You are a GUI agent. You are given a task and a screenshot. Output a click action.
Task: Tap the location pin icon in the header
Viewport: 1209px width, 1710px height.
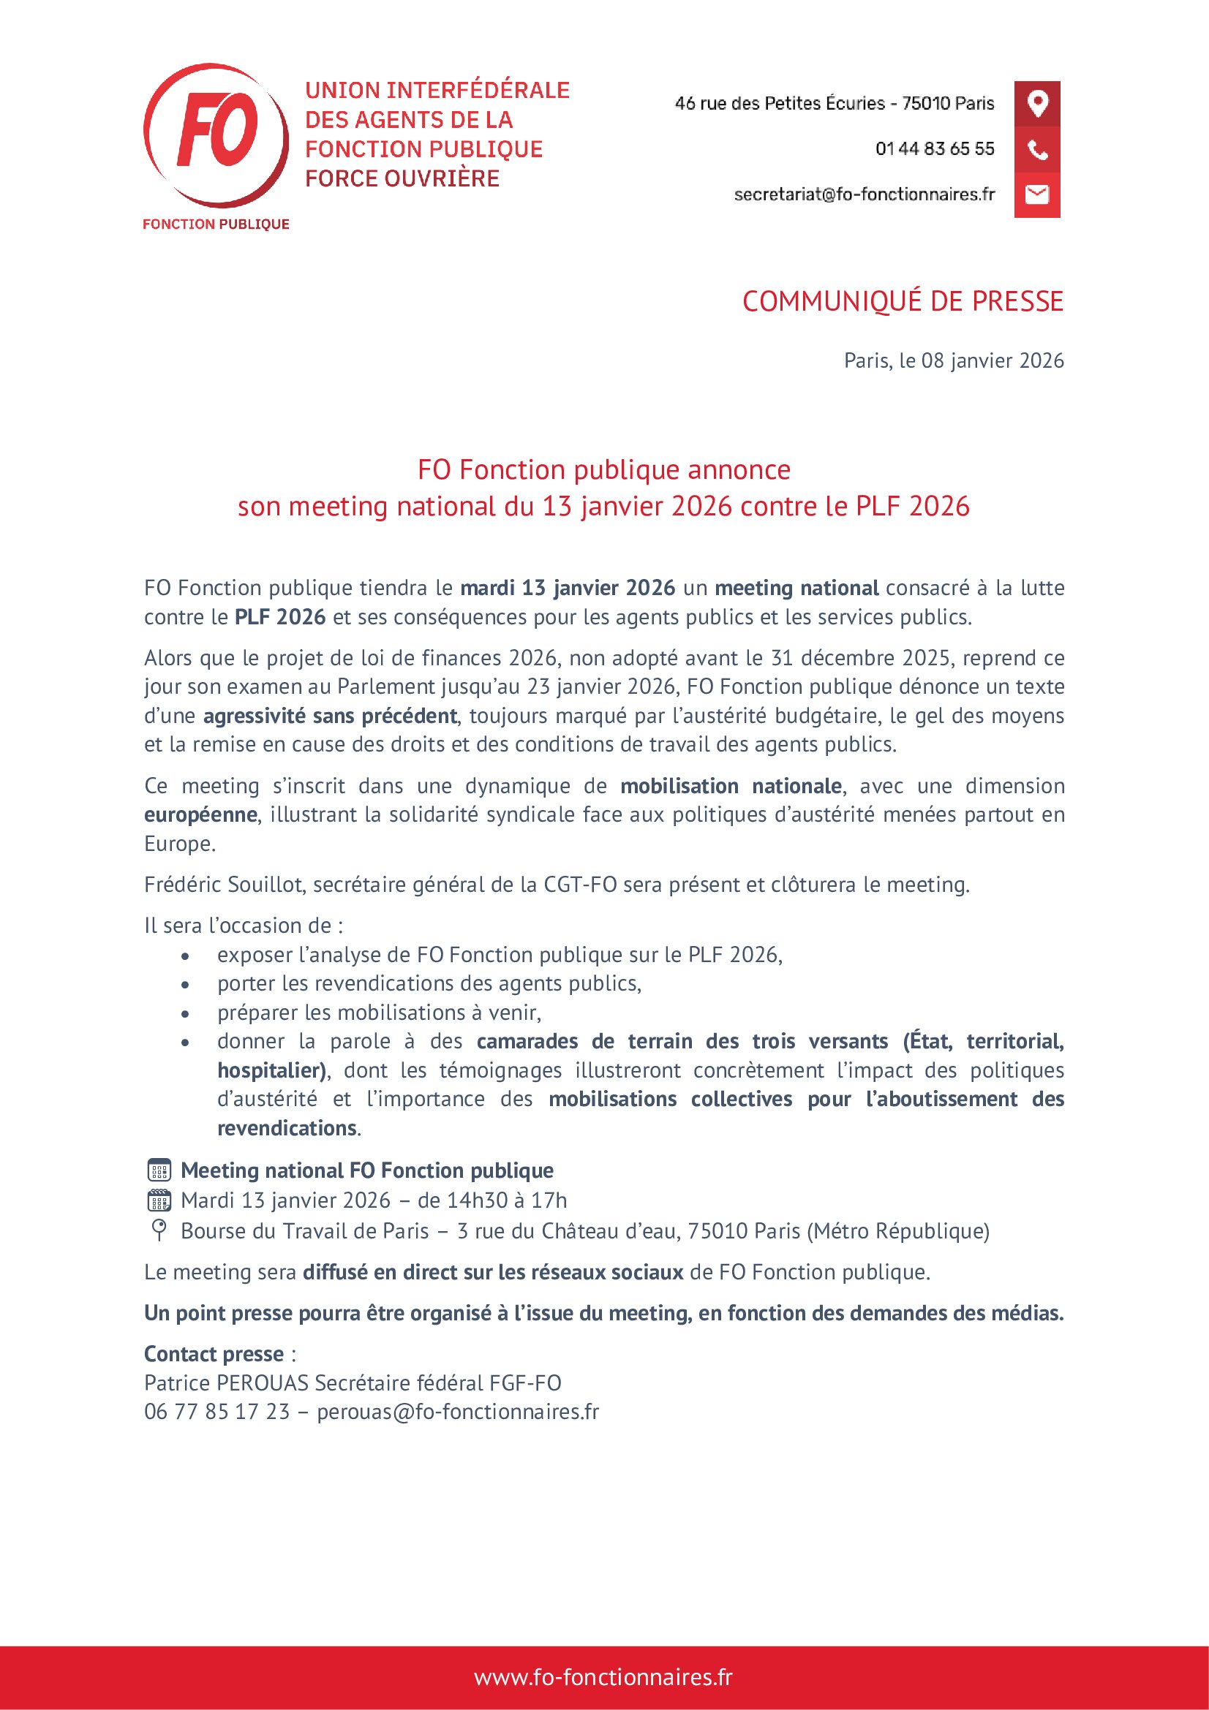[1037, 103]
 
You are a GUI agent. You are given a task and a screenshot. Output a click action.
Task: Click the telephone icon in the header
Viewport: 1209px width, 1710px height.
[1037, 149]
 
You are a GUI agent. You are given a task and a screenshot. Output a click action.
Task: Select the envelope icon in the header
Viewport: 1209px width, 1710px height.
[1037, 194]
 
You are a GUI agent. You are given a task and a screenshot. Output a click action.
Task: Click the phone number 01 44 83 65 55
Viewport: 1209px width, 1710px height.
[934, 149]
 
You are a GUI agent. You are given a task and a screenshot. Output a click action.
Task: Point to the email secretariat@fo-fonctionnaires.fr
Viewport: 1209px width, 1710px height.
[864, 194]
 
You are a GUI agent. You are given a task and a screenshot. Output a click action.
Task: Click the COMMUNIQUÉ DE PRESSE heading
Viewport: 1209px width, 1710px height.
[902, 301]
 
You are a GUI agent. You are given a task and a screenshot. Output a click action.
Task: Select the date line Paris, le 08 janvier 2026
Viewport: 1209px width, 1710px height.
[953, 360]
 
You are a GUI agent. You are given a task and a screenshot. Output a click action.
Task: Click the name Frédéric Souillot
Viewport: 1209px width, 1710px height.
[224, 884]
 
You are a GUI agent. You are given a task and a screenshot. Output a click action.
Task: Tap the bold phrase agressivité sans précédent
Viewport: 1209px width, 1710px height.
[330, 716]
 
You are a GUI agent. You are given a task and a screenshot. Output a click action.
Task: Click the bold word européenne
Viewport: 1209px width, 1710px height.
[200, 814]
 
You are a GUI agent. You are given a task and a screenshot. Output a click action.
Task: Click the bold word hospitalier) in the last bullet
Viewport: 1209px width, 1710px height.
[272, 1070]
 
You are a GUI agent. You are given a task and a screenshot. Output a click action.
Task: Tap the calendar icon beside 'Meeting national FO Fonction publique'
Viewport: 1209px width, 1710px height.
[159, 1170]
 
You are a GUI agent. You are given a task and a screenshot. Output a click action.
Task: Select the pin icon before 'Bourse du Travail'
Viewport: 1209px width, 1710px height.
[159, 1230]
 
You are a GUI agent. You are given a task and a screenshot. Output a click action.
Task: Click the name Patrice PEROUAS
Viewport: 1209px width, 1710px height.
[226, 1382]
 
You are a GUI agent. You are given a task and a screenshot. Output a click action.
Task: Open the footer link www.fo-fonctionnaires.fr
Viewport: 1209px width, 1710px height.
[603, 1676]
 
